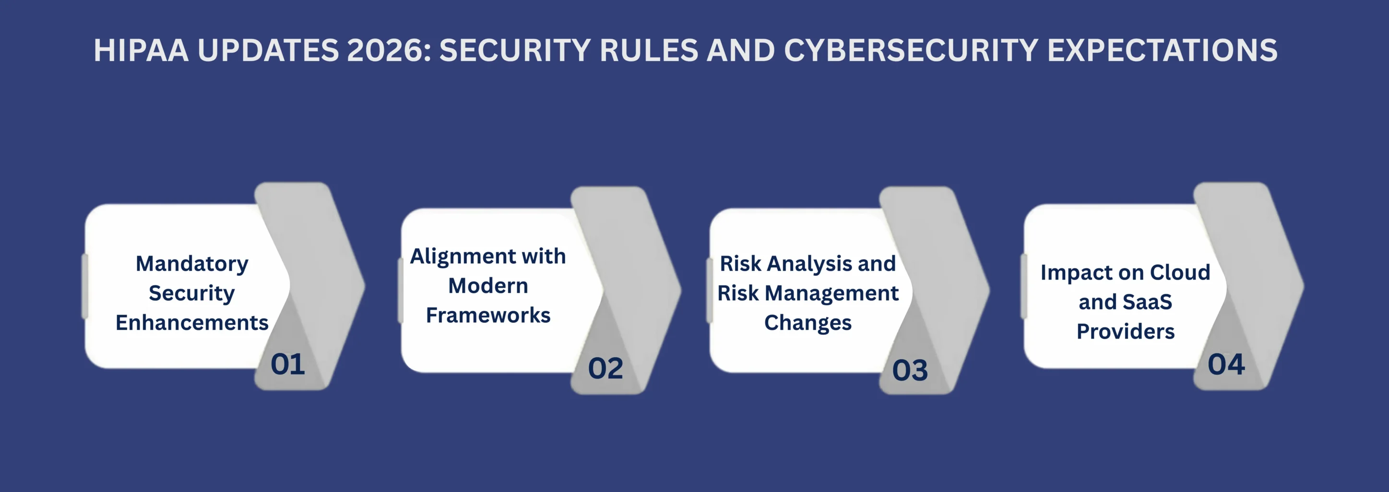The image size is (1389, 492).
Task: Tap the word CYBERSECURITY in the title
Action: coord(911,51)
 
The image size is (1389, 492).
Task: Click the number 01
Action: coord(287,364)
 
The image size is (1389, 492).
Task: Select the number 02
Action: coord(605,369)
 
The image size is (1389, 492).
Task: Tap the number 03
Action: coord(910,370)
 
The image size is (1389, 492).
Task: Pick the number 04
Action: coord(1226,364)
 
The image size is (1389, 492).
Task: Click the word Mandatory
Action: coord(192,264)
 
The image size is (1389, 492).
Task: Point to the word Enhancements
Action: coord(192,322)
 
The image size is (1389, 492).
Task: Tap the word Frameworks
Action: coord(488,315)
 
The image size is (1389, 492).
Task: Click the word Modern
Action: coord(488,286)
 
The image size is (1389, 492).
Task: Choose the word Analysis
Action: coord(809,264)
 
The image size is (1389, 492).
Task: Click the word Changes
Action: coord(808,322)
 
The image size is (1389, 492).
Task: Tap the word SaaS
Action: coord(1148,302)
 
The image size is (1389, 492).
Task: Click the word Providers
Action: coord(1125,331)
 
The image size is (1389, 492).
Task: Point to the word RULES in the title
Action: coord(649,51)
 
